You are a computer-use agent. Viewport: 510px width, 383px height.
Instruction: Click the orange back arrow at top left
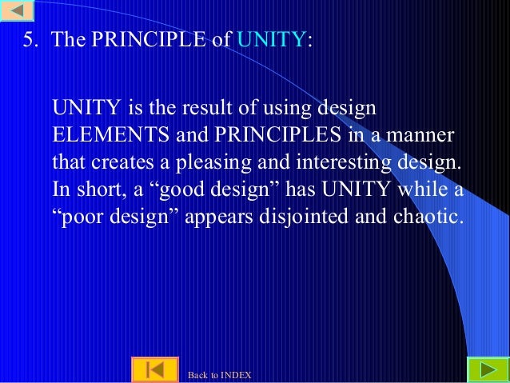[17, 11]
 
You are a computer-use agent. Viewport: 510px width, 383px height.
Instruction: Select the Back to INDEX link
[219, 375]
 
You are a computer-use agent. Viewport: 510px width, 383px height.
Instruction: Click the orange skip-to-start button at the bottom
[155, 371]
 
